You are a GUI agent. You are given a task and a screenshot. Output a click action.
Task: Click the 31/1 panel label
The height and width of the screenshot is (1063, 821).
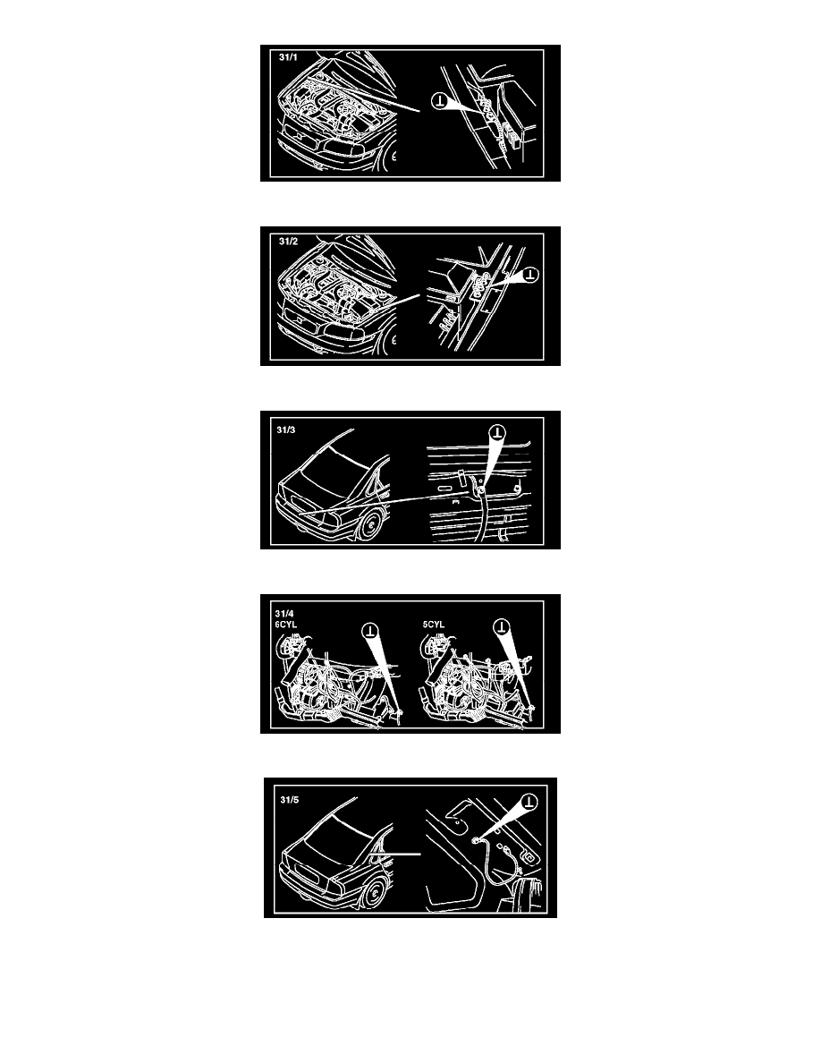pos(288,57)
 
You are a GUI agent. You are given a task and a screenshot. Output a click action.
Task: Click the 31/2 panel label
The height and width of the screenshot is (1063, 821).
pos(288,242)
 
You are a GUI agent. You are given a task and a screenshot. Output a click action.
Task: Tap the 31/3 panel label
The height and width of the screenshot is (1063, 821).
pos(286,429)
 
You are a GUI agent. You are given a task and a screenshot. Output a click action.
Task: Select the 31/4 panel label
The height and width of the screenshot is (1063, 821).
pos(284,614)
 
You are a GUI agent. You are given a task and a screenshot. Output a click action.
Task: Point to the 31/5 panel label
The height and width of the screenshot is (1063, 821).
pos(289,800)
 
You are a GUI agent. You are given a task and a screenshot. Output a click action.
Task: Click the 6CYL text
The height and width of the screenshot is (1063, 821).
pos(286,625)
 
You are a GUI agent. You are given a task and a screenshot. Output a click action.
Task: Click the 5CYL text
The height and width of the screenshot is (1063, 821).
pos(434,625)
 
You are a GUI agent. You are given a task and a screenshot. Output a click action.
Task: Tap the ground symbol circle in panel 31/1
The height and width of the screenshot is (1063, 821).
pos(440,102)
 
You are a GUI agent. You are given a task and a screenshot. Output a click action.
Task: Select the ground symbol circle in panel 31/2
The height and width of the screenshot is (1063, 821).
pos(530,275)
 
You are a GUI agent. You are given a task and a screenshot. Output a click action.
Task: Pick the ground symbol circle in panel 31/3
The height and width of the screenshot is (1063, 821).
pos(498,432)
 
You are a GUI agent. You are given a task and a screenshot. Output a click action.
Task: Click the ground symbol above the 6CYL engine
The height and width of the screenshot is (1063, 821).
pos(370,631)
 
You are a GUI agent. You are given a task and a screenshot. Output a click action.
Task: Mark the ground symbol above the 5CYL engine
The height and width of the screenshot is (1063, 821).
pos(501,626)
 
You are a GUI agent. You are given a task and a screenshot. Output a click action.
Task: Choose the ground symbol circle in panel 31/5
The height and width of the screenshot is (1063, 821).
pos(529,802)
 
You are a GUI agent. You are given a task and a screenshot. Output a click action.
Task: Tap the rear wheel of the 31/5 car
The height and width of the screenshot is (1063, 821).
pos(373,894)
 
